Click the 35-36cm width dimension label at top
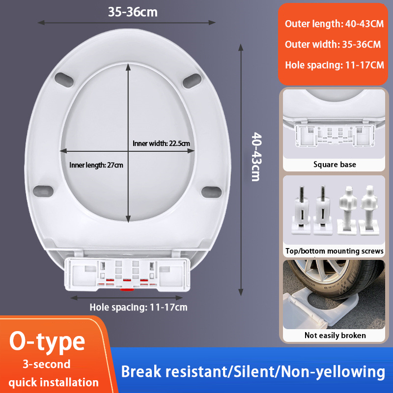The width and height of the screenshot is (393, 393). pos(133,12)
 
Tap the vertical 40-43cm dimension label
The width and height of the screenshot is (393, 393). pos(256,157)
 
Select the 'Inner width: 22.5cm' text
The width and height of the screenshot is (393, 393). pos(161,143)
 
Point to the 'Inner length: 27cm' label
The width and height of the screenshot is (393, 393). pos(96,165)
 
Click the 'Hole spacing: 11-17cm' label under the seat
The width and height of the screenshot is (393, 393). pos(139,308)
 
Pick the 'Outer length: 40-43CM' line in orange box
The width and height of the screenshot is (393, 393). pos(334,24)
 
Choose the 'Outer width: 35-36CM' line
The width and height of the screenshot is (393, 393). pos(333,44)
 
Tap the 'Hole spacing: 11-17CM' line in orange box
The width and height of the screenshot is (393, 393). pos(335,65)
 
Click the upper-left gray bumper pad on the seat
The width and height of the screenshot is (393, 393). pos(64,80)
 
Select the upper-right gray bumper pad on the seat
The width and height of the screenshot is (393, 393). pos(192,81)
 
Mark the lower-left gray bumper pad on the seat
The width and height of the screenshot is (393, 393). pos(43,191)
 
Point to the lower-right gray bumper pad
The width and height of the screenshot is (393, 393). pos(212,192)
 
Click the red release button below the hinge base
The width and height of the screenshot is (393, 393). pos(127,290)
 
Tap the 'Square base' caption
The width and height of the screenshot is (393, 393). pos(335,165)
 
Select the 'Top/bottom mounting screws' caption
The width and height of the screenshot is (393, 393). pos(335,251)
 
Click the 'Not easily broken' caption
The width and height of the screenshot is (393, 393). pos(335,335)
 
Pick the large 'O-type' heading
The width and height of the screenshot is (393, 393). pos(47,341)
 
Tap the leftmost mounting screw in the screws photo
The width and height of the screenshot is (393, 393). pos(301,210)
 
